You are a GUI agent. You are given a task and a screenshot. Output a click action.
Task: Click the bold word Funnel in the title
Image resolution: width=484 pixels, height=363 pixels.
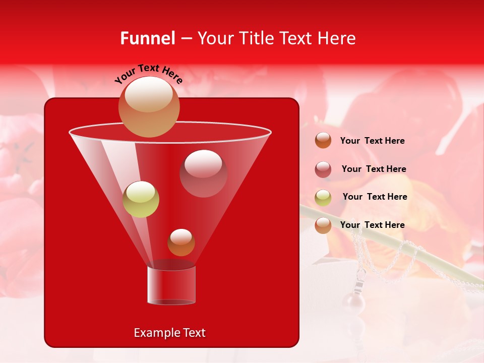click(x=148, y=38)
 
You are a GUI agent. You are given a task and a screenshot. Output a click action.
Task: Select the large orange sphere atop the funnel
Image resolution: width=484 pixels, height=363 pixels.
click(x=149, y=106)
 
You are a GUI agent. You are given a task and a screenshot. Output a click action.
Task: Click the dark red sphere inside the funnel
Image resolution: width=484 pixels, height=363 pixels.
click(x=203, y=173)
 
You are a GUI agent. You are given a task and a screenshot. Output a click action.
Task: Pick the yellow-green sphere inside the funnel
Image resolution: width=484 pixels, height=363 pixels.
click(x=141, y=199)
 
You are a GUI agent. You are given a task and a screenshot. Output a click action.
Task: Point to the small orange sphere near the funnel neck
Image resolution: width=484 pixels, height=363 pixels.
click(x=181, y=243)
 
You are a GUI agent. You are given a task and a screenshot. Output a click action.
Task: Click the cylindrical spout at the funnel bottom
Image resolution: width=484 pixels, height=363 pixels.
click(x=171, y=285)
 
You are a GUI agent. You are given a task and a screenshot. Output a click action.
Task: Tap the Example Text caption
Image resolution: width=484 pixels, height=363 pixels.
click(x=169, y=333)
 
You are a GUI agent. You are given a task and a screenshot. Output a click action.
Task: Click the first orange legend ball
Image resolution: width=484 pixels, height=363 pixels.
click(x=323, y=141)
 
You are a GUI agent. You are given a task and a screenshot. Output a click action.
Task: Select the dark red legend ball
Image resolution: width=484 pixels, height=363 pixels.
click(x=323, y=169)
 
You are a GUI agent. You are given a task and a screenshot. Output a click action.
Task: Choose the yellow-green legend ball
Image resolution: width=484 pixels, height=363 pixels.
click(x=323, y=198)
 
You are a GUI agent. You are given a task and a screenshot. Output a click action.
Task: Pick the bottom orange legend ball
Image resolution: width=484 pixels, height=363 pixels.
click(x=323, y=225)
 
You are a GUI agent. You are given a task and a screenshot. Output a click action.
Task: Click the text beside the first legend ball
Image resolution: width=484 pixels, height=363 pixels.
click(x=372, y=141)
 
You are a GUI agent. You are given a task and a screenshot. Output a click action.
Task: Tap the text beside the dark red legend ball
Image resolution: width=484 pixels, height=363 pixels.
click(x=374, y=169)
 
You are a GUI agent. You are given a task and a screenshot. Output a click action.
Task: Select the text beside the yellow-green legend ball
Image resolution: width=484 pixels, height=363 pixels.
click(x=375, y=197)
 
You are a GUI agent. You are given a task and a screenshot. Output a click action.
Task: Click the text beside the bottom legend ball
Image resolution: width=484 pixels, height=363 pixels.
click(x=372, y=225)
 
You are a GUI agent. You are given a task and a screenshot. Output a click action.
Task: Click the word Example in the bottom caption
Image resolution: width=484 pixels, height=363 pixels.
click(x=153, y=333)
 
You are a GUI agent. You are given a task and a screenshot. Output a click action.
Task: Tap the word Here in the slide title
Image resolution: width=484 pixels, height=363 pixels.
click(x=337, y=38)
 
